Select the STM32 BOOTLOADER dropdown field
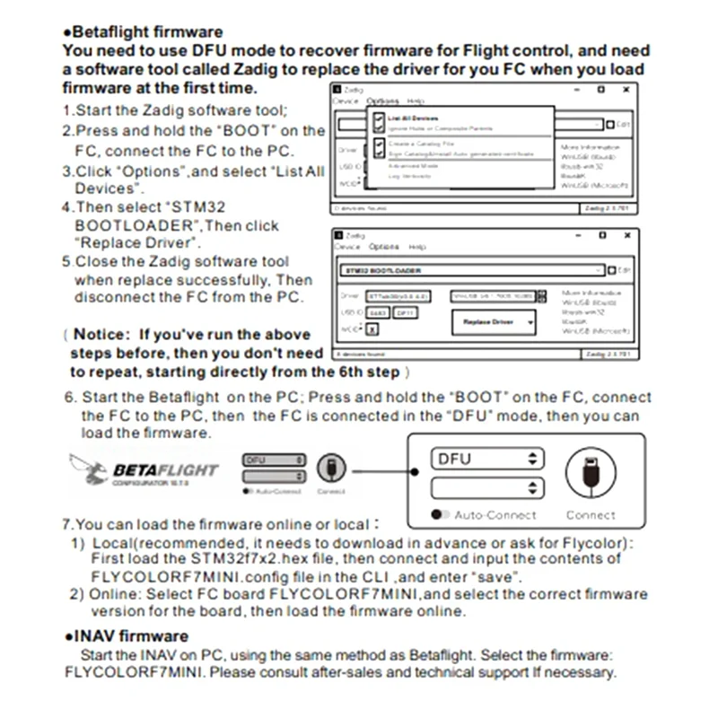click(470, 269)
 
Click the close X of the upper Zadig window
click(626, 90)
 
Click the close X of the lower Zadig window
click(626, 236)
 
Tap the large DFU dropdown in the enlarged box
click(487, 459)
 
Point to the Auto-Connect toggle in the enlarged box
click(441, 515)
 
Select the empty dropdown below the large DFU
click(487, 488)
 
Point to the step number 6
click(68, 397)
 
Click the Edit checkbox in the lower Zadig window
click(611, 270)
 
